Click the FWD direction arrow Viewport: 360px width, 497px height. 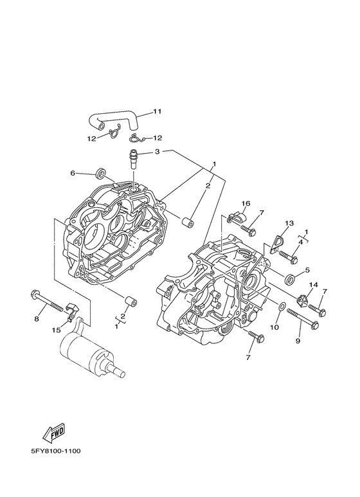(54, 432)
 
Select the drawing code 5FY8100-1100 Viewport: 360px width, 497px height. (56, 451)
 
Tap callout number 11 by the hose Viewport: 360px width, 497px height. (157, 111)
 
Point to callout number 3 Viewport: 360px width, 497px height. (157, 152)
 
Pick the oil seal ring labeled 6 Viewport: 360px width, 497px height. (101, 174)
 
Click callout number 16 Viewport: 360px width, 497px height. (246, 203)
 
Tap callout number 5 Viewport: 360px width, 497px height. (307, 271)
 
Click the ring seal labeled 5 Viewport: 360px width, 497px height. (290, 279)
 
